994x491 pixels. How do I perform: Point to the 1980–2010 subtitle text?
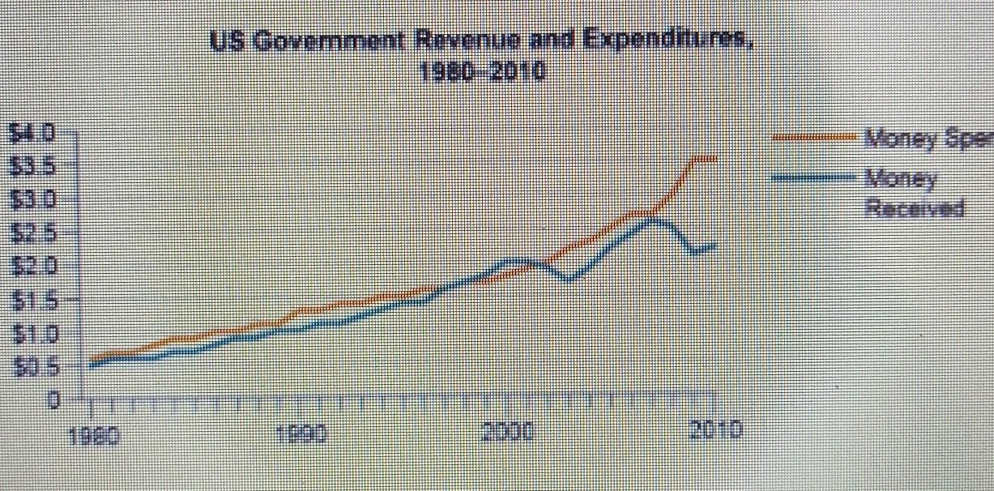point(482,73)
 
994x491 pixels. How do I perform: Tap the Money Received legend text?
point(914,194)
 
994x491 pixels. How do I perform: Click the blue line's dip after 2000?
point(570,280)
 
